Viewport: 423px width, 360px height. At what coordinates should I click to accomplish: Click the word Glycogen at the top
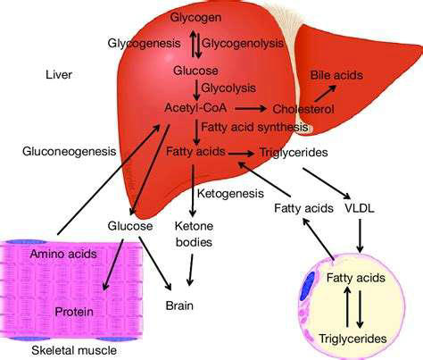(x=195, y=18)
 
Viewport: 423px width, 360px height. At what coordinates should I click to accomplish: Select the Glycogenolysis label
(x=243, y=44)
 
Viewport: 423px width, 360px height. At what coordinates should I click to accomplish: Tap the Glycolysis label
(x=228, y=88)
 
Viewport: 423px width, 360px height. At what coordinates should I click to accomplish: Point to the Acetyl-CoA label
(x=195, y=107)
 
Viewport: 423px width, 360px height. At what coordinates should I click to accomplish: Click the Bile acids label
(x=336, y=75)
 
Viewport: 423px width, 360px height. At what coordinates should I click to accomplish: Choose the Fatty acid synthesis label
(x=254, y=127)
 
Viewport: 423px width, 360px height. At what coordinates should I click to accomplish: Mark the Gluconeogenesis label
(x=70, y=151)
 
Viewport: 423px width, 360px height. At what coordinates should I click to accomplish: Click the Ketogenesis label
(x=230, y=194)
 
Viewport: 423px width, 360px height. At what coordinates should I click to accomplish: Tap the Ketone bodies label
(x=194, y=234)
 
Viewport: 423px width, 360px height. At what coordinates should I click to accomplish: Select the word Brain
(x=179, y=306)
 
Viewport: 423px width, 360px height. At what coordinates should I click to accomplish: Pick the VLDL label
(x=360, y=208)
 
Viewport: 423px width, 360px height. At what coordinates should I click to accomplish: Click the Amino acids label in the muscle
(x=63, y=254)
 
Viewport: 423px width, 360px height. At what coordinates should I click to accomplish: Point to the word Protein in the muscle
(x=74, y=312)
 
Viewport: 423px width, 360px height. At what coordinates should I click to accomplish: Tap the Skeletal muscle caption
(x=74, y=350)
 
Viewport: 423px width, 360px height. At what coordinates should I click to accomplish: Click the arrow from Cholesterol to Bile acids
(x=326, y=93)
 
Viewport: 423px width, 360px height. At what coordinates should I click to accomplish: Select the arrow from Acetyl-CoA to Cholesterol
(x=251, y=108)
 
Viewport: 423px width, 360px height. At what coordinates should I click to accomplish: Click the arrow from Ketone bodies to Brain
(x=191, y=270)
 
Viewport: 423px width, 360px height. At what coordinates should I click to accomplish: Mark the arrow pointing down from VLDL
(x=360, y=236)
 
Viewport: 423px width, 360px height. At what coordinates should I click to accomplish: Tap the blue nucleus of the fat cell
(x=307, y=286)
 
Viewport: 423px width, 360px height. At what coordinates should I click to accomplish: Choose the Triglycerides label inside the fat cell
(x=352, y=339)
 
